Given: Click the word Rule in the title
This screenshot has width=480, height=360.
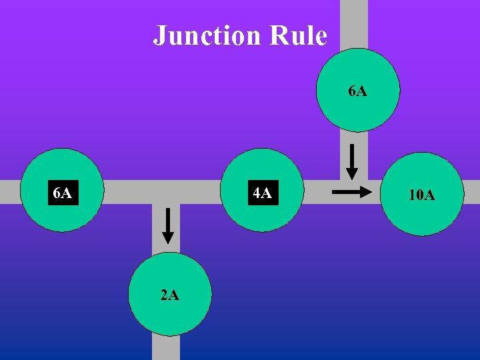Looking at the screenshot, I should coord(298,35).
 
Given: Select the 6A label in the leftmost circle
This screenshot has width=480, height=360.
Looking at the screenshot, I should coord(63,193).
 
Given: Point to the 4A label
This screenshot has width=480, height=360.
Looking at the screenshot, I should coord(262,193).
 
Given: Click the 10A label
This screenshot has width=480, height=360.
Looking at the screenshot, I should coord(421,195).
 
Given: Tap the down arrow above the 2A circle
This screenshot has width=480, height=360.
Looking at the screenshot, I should coord(167,225).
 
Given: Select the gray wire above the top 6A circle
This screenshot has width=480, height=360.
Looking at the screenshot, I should coord(354,23).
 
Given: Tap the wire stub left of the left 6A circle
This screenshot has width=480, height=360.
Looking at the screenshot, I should coord(9,192).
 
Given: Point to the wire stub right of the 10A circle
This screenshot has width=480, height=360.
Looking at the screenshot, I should coord(471,193).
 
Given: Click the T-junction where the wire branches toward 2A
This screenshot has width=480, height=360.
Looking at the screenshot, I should coord(166,192).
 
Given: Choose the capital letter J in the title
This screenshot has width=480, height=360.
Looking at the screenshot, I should coord(159,35).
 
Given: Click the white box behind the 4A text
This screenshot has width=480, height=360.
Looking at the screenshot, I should coord(262,193).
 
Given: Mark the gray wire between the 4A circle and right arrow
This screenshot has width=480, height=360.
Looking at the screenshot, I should coord(317,192).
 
